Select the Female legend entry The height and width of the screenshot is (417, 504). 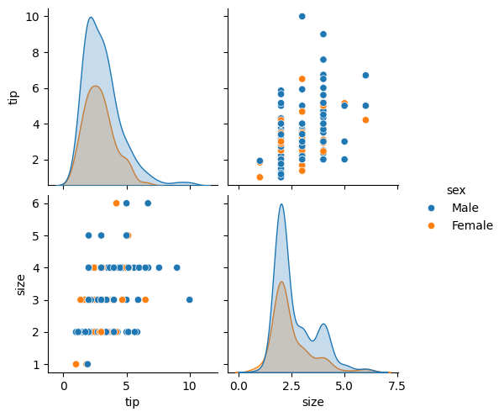pyautogui.click(x=471, y=225)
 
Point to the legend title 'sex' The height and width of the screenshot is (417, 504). pyautogui.click(x=455, y=190)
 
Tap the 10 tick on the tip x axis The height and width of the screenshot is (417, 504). pyautogui.click(x=190, y=386)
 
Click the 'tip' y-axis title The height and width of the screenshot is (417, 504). pyautogui.click(x=13, y=97)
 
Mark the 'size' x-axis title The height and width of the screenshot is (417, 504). pyautogui.click(x=312, y=402)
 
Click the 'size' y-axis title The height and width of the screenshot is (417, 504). pyautogui.click(x=13, y=283)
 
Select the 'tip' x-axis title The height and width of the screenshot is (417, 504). pyautogui.click(x=133, y=402)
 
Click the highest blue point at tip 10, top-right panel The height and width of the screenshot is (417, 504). pyautogui.click(x=302, y=16)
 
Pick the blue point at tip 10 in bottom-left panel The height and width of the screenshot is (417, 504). pyautogui.click(x=189, y=299)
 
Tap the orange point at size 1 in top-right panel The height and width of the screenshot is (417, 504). pyautogui.click(x=260, y=177)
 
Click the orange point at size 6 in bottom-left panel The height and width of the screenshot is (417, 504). pyautogui.click(x=117, y=203)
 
